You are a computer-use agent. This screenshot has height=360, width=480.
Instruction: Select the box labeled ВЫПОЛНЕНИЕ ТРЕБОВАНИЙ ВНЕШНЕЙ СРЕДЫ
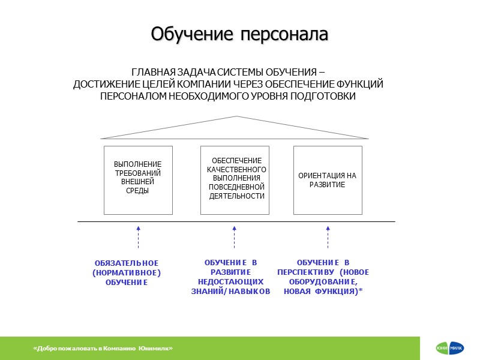click(138, 179)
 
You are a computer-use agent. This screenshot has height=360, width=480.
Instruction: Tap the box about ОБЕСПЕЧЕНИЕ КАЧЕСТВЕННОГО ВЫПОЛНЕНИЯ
click(235, 179)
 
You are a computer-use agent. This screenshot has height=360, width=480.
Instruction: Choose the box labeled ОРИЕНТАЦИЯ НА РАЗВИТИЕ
click(328, 180)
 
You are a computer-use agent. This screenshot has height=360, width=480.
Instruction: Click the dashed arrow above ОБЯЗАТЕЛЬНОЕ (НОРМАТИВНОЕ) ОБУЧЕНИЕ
click(138, 237)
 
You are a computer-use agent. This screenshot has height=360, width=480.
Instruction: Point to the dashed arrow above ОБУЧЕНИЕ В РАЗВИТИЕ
click(234, 237)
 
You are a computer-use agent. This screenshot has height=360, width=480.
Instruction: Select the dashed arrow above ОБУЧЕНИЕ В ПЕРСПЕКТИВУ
click(328, 237)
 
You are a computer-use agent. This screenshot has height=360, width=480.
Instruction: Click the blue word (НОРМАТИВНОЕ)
click(127, 273)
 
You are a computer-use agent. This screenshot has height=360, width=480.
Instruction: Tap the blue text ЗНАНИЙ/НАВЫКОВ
click(231, 291)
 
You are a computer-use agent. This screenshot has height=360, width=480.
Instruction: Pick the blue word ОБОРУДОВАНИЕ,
click(323, 281)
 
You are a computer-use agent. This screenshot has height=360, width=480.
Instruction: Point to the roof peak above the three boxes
click(236, 116)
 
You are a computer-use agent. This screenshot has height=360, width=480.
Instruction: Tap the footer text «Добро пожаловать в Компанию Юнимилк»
click(103, 349)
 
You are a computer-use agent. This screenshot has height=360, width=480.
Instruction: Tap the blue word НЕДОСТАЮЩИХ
click(231, 281)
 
